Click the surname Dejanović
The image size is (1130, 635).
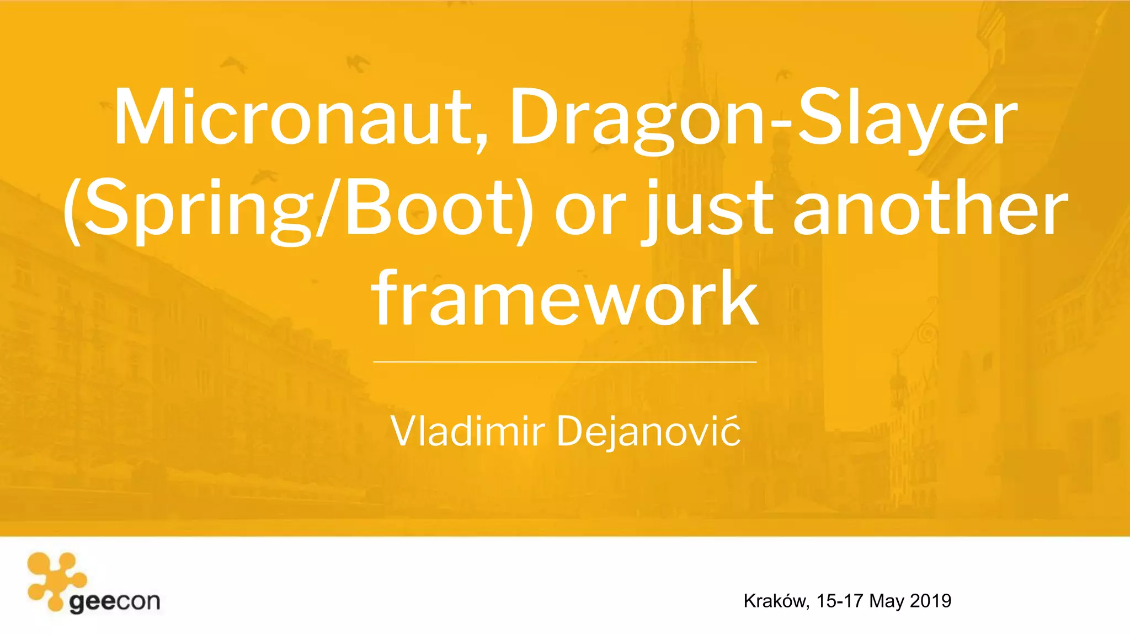(x=648, y=432)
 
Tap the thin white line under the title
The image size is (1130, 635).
(x=565, y=362)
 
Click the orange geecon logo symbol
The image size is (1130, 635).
(x=55, y=579)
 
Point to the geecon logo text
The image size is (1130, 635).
(x=115, y=602)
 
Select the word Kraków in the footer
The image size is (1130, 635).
(x=776, y=601)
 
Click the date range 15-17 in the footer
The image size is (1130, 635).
(x=839, y=601)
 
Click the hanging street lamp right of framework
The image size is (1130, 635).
(x=899, y=380)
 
